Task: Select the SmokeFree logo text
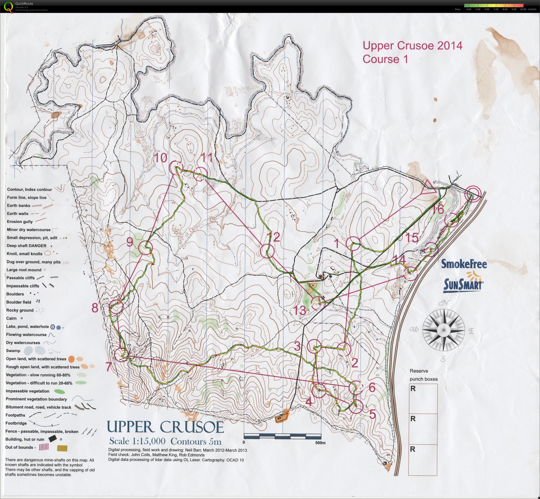(464, 264)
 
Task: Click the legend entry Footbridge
(16, 423)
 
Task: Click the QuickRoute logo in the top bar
(9, 6)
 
